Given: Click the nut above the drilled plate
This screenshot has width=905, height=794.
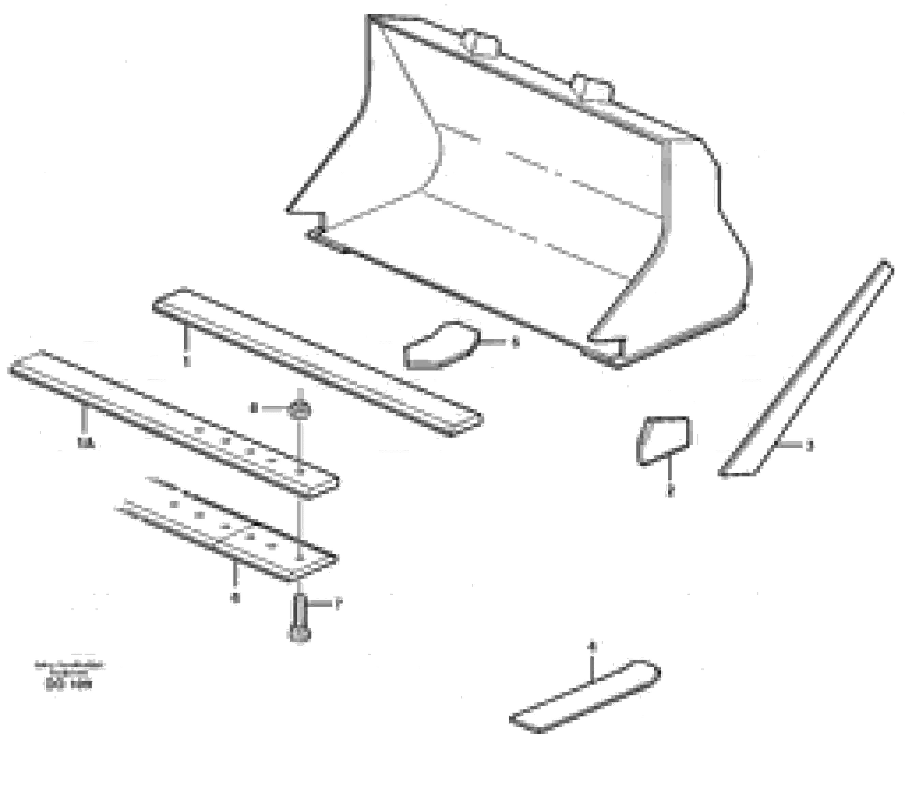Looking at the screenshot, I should (299, 409).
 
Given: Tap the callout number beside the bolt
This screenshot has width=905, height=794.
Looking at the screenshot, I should (338, 604).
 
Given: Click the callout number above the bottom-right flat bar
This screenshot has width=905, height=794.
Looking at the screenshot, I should (594, 647).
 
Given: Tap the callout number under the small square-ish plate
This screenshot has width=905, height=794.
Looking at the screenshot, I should (671, 491).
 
